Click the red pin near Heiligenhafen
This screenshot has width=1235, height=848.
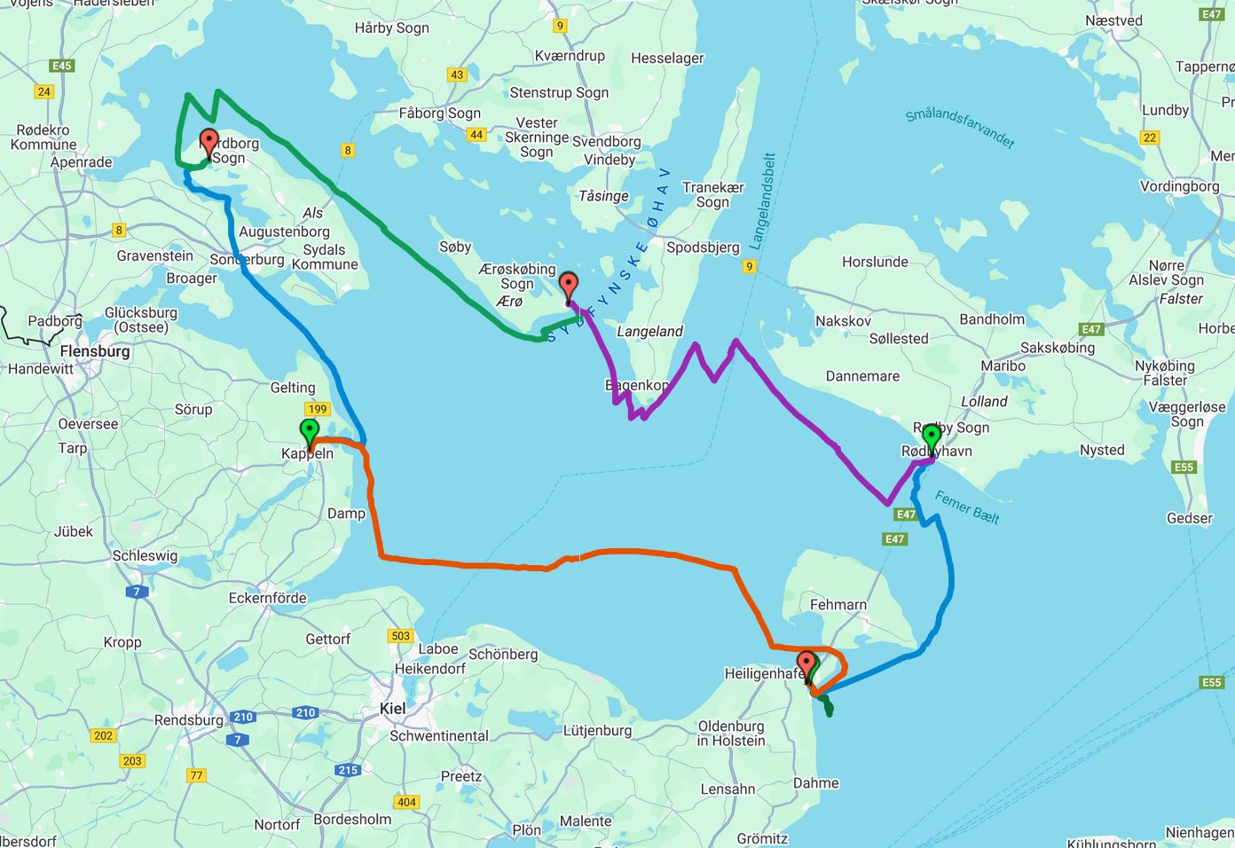click(806, 664)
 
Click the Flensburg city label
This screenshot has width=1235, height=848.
click(95, 351)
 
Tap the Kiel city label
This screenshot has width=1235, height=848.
click(392, 708)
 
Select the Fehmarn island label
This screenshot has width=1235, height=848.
click(838, 605)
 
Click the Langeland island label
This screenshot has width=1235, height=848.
click(649, 331)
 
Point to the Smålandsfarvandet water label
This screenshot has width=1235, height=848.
click(959, 128)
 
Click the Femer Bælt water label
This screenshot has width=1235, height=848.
click(966, 506)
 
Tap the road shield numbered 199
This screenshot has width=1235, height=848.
click(317, 409)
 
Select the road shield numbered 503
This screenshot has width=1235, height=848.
click(400, 635)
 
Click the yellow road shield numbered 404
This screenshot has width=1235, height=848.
click(406, 802)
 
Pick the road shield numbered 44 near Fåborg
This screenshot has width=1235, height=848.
click(476, 135)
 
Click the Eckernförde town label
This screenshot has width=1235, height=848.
click(267, 598)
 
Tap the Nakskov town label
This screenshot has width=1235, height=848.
click(843, 320)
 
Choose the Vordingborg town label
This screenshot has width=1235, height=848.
click(1178, 186)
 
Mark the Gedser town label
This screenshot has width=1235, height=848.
click(1189, 518)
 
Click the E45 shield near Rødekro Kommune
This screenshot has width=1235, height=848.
click(62, 66)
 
